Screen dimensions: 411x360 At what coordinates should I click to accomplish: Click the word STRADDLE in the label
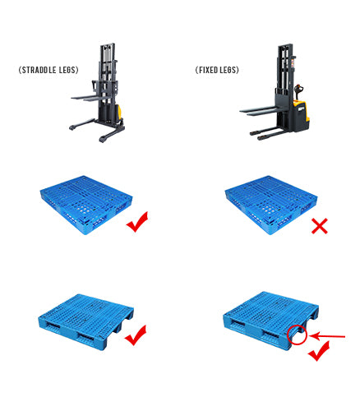coord(38,71)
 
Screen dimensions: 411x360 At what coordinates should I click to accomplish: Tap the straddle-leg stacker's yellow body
coord(119,112)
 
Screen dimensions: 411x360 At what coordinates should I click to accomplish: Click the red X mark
coord(319,224)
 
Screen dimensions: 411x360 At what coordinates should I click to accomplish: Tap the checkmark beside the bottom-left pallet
coord(134,335)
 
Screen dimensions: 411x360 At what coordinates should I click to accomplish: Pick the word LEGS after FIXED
coord(228,71)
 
